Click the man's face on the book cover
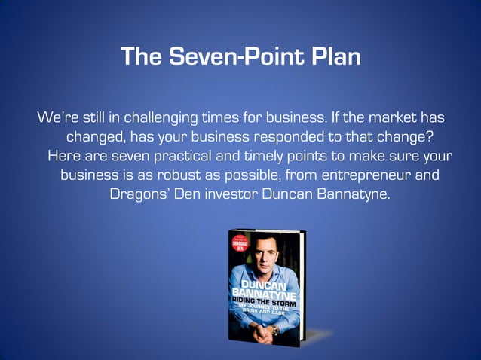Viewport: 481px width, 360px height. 265,255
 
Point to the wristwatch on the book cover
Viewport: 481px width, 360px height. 275,330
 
